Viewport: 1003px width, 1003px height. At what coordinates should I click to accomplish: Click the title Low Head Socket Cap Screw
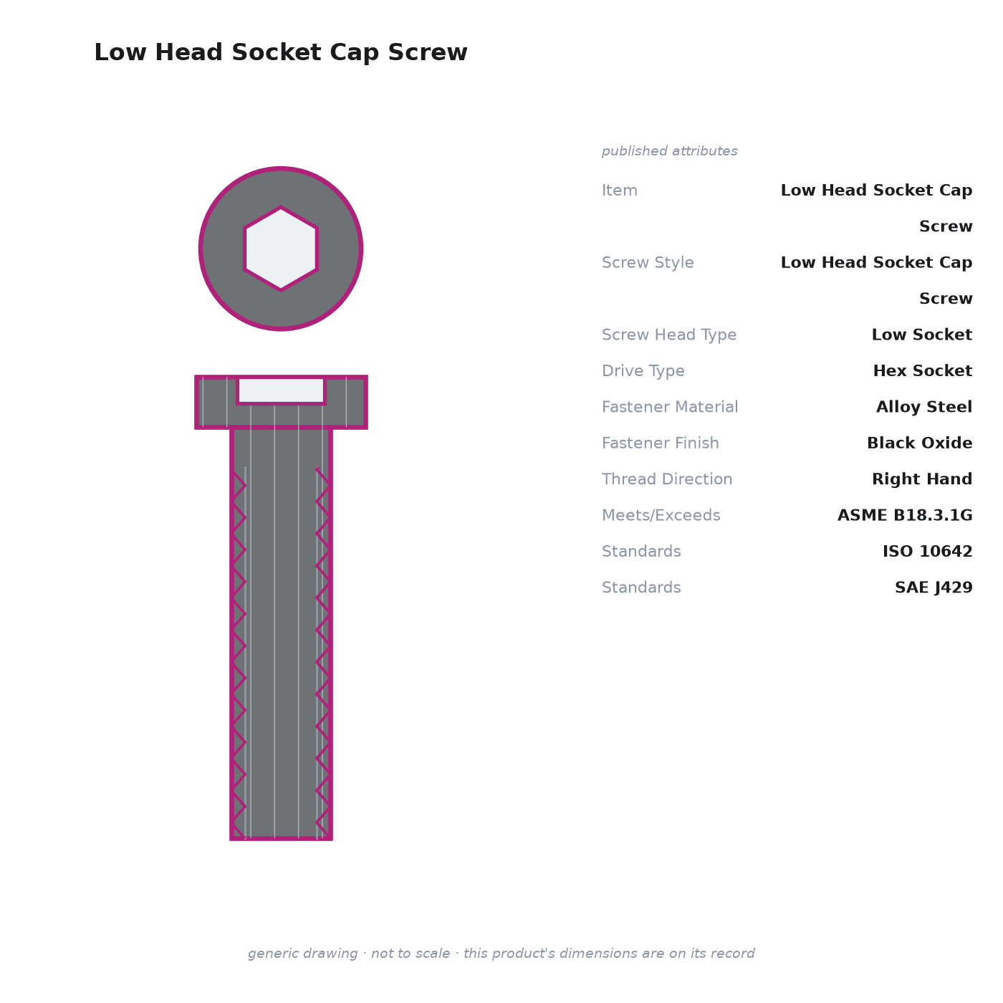click(x=281, y=52)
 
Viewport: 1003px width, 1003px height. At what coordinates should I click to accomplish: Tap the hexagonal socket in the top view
click(x=281, y=249)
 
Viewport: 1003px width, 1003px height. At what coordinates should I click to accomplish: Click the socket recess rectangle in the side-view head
click(x=281, y=390)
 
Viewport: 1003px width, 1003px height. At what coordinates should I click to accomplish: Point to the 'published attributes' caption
click(x=669, y=151)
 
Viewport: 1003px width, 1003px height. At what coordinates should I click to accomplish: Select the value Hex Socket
click(x=922, y=370)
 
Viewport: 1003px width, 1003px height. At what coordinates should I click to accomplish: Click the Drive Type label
click(x=643, y=370)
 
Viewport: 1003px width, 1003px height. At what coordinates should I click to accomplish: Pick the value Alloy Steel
click(x=924, y=406)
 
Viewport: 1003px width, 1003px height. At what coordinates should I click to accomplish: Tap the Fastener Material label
click(x=670, y=406)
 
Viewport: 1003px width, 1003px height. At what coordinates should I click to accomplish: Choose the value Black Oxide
click(x=920, y=443)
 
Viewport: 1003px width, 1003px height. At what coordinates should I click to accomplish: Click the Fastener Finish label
click(x=660, y=443)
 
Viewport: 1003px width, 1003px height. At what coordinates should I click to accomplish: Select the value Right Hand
click(x=922, y=479)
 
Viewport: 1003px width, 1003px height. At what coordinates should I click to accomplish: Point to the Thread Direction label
click(x=667, y=479)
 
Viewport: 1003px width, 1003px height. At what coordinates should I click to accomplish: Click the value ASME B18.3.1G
click(x=905, y=515)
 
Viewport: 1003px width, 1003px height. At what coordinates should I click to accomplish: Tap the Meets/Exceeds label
click(x=661, y=515)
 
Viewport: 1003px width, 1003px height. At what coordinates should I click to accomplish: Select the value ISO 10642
click(x=928, y=551)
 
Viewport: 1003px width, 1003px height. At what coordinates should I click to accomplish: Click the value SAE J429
click(x=934, y=587)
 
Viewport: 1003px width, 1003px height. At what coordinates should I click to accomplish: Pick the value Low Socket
click(x=922, y=335)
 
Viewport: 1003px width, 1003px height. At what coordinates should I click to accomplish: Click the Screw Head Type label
click(x=669, y=335)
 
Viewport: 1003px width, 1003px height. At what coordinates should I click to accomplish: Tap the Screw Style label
click(x=648, y=262)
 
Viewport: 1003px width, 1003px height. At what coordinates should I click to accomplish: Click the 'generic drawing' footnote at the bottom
click(x=501, y=953)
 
